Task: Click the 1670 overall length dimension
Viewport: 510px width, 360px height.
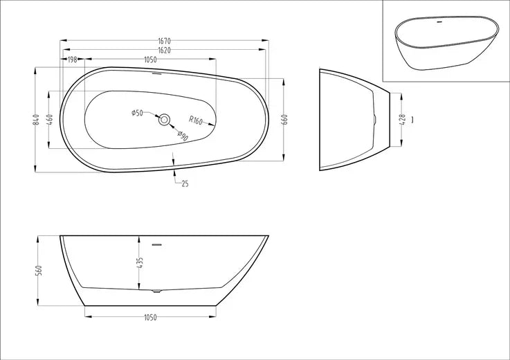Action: [x=164, y=41]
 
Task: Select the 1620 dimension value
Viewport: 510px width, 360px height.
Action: [x=164, y=51]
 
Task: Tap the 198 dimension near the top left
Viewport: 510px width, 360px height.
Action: [x=72, y=60]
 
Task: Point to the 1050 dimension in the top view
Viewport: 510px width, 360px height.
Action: [x=152, y=60]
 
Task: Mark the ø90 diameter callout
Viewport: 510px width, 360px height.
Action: [x=183, y=135]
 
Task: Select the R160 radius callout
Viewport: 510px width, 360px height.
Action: [x=195, y=120]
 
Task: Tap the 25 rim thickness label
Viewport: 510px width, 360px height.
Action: [x=185, y=183]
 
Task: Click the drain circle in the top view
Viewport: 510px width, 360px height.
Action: [x=165, y=120]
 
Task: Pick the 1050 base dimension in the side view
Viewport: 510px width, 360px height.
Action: [x=152, y=317]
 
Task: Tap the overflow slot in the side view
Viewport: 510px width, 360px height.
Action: [x=156, y=244]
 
